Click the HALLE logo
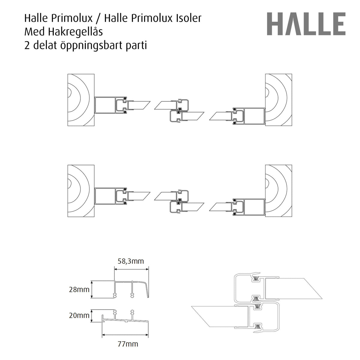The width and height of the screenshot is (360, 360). point(306,24)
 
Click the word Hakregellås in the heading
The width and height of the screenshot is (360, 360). point(75,32)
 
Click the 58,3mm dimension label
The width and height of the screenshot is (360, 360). point(130,261)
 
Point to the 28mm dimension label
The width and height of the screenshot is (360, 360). point(79,289)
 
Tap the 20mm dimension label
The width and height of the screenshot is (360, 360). point(79,315)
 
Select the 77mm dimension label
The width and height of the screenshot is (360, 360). point(128,344)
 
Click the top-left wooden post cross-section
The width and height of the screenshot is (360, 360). point(81,100)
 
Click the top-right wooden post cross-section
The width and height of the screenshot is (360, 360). point(278,100)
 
